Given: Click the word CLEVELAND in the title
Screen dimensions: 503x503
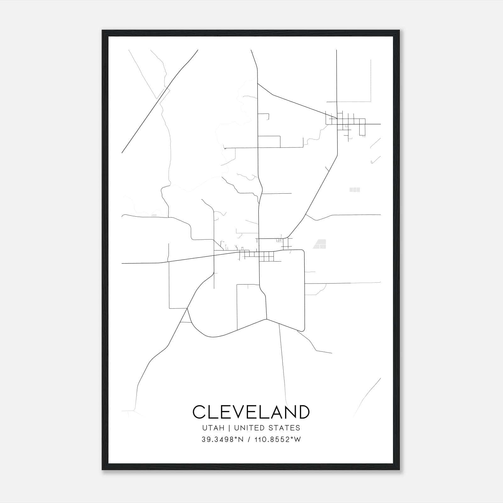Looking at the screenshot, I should point(251,412).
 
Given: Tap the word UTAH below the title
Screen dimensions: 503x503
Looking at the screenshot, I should point(213,428).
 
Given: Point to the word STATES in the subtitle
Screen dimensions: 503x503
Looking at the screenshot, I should point(284,428).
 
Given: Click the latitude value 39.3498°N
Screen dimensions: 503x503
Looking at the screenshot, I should point(223,439).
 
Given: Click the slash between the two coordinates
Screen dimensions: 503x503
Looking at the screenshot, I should point(249,439).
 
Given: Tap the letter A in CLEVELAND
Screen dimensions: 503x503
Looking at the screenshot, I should point(273,412).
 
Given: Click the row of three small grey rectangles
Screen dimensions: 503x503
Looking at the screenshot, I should point(355,190).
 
